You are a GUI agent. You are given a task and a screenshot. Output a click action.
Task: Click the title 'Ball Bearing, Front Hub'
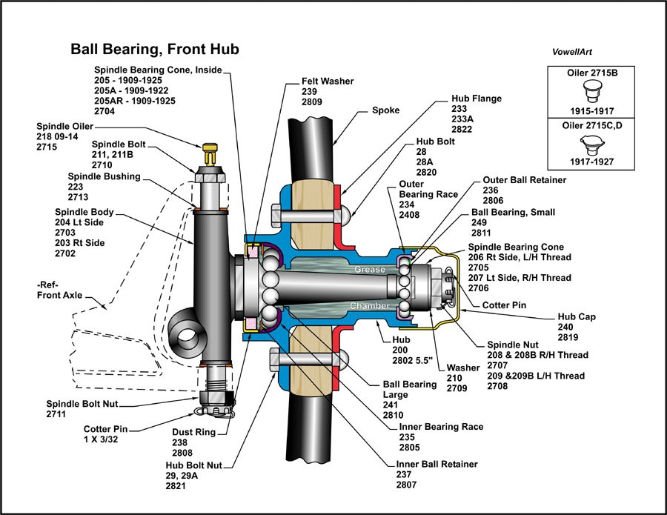154,50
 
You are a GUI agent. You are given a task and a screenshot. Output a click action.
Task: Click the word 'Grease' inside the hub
368,269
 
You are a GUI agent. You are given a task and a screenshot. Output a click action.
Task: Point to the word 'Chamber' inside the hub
371,305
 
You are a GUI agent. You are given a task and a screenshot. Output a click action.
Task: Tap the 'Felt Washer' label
328,81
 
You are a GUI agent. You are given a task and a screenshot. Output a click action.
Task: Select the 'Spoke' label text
385,110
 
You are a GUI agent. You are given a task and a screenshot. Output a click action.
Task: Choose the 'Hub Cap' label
576,316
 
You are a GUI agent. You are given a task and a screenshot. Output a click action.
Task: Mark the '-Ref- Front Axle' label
57,290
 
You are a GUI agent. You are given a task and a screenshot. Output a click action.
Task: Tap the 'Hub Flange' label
477,98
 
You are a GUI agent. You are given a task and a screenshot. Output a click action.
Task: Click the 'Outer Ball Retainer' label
524,179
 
